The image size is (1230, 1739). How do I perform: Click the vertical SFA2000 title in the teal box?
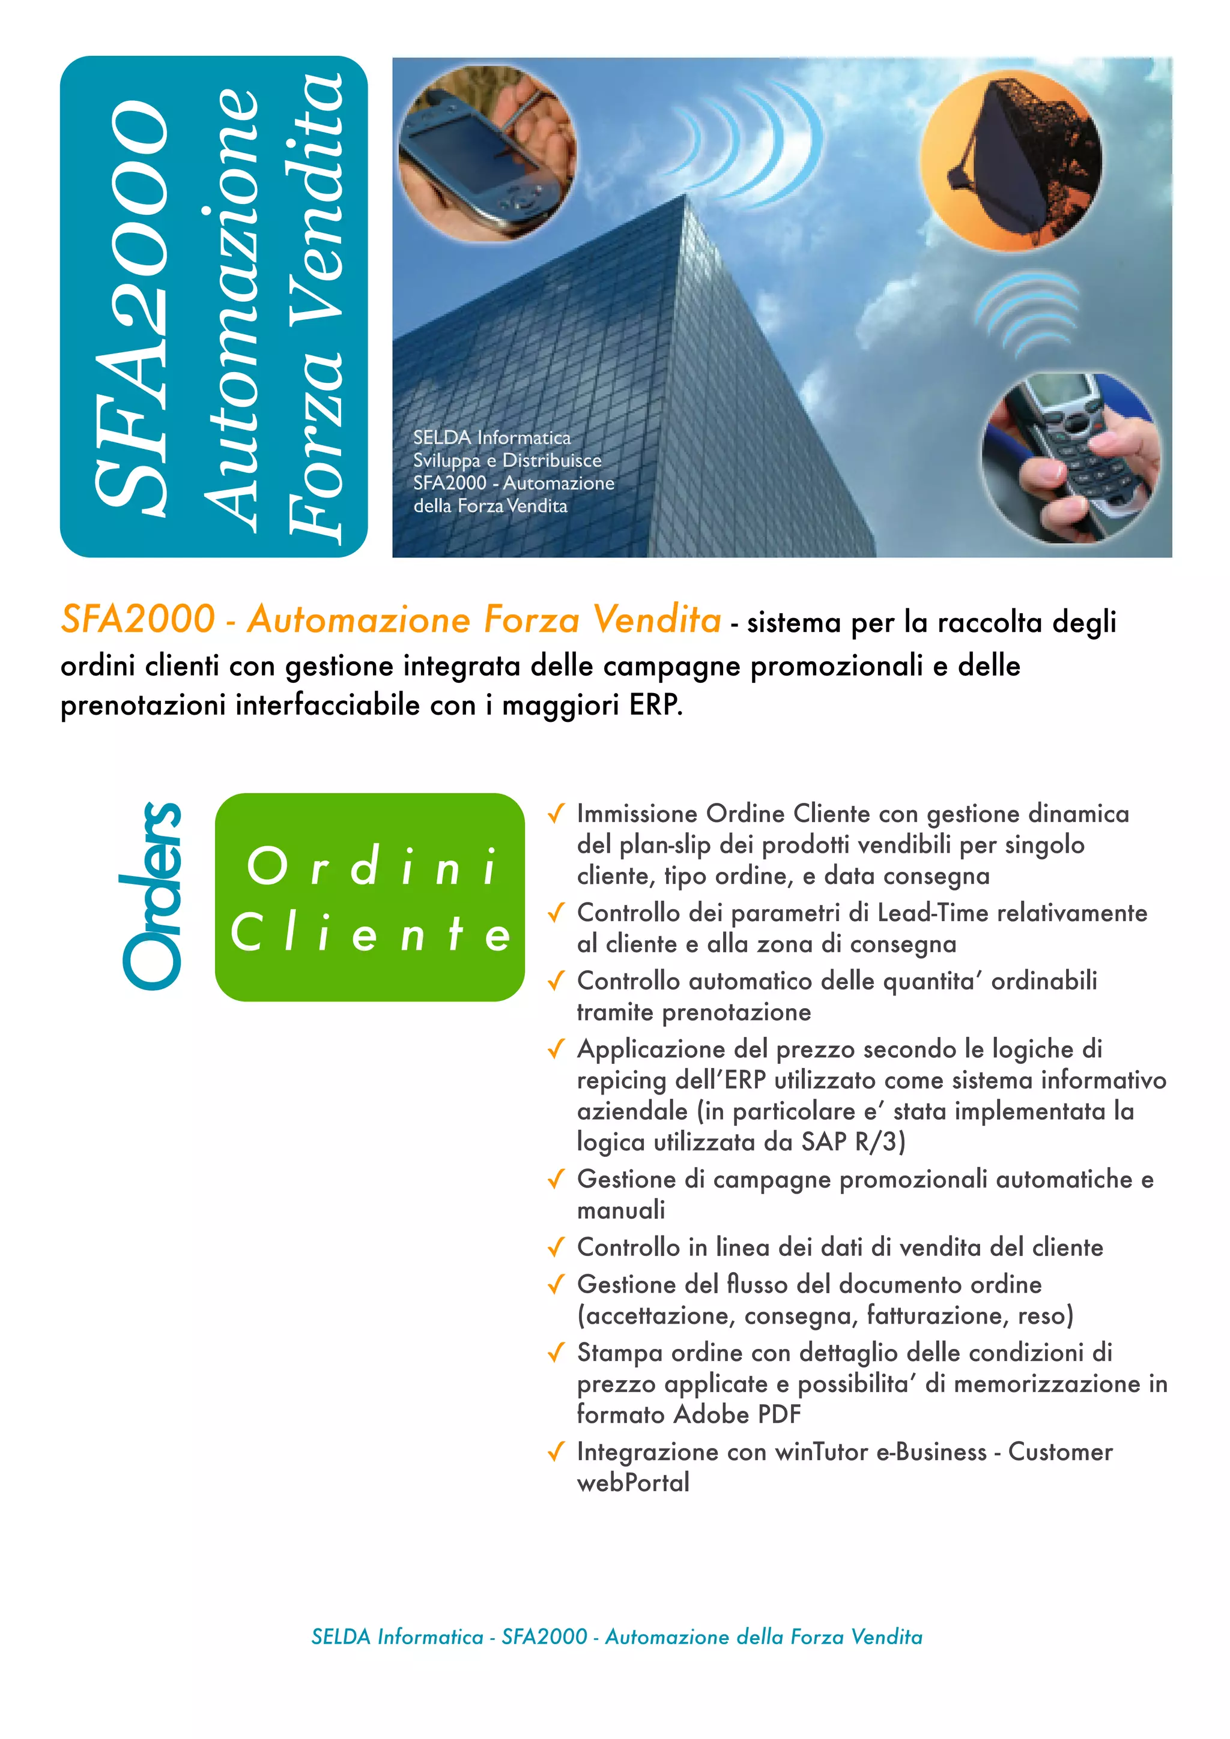click(x=133, y=307)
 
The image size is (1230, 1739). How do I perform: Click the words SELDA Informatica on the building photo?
click(x=492, y=437)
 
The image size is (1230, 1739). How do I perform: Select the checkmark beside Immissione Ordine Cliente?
click(x=556, y=814)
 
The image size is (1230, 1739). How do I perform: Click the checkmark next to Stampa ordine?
click(x=556, y=1353)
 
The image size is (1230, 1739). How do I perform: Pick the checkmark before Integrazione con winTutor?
click(x=556, y=1452)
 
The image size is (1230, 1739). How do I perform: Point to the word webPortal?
click(x=633, y=1482)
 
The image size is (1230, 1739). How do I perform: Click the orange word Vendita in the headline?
click(x=657, y=619)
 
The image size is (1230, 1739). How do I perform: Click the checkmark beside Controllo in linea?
click(x=556, y=1248)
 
